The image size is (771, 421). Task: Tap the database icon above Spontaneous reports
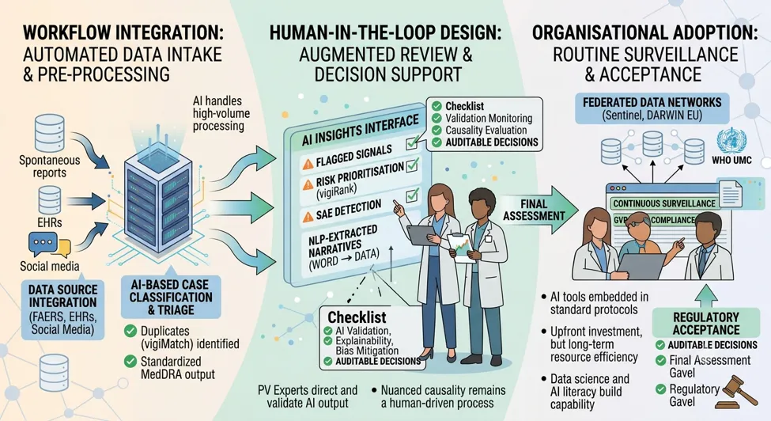pyautogui.click(x=49, y=133)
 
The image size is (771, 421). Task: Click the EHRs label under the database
pyautogui.click(x=50, y=223)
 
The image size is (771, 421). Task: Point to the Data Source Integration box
pyautogui.click(x=63, y=309)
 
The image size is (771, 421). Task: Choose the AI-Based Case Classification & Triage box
pyautogui.click(x=171, y=297)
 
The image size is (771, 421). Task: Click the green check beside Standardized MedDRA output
pyautogui.click(x=130, y=362)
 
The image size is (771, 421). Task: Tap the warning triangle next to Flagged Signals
pyautogui.click(x=308, y=164)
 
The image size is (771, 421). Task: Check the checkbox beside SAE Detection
pyautogui.click(x=412, y=195)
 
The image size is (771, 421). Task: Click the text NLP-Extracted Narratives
pyautogui.click(x=343, y=240)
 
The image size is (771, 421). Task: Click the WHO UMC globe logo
pyautogui.click(x=731, y=141)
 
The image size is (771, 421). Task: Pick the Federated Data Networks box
pyautogui.click(x=652, y=108)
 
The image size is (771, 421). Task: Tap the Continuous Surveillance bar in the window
pyautogui.click(x=663, y=203)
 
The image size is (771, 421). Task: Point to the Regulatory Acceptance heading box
pyautogui.click(x=706, y=323)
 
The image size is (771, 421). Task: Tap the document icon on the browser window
pyautogui.click(x=731, y=192)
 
